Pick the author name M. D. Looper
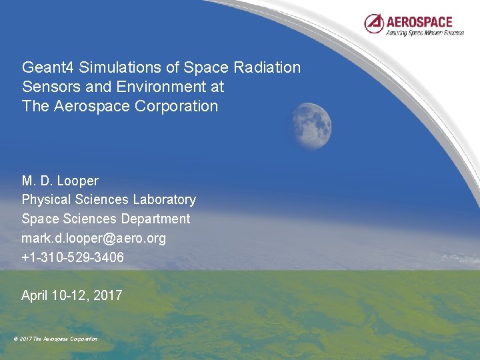tap(60, 181)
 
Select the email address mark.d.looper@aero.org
tap(94, 238)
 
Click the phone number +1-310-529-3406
tap(73, 257)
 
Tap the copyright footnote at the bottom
tap(55, 339)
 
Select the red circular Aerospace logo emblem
tap(374, 23)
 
